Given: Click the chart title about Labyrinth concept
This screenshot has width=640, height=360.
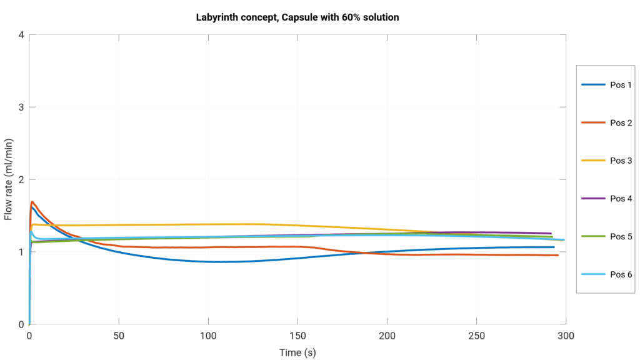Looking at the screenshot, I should tap(297, 17).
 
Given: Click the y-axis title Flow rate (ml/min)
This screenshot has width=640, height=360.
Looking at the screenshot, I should tap(9, 179).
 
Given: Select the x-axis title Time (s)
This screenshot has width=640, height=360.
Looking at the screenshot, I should tap(297, 352).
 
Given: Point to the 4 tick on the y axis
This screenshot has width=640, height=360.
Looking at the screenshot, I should tap(21, 34).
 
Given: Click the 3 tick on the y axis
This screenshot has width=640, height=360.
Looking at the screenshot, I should tap(21, 107).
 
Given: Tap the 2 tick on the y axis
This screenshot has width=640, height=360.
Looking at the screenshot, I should tap(21, 179).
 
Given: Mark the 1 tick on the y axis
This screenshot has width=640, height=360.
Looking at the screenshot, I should tap(21, 252).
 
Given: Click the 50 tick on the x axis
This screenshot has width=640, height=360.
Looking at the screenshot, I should tap(119, 335).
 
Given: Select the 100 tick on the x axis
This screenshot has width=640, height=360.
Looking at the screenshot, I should tap(208, 335).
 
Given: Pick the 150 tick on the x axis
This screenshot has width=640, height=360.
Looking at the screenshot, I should tap(297, 335).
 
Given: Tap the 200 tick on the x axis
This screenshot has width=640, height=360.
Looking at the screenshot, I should tap(387, 335).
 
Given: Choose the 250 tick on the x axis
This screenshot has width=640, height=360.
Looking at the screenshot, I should tap(477, 335).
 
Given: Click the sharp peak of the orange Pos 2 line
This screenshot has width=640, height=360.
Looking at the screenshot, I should tap(32, 202).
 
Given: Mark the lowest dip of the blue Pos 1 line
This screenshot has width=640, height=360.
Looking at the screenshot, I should tap(216, 261).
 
